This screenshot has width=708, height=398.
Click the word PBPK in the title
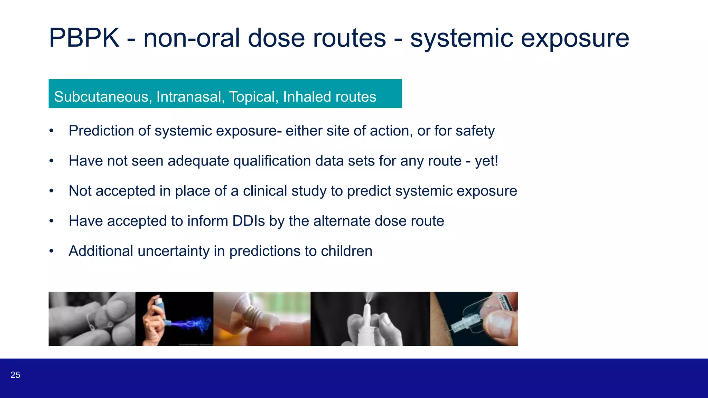84,38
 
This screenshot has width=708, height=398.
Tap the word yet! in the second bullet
486,161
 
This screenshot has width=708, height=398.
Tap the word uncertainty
173,251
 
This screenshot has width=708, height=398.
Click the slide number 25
15,375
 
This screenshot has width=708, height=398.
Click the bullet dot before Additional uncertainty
51,251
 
